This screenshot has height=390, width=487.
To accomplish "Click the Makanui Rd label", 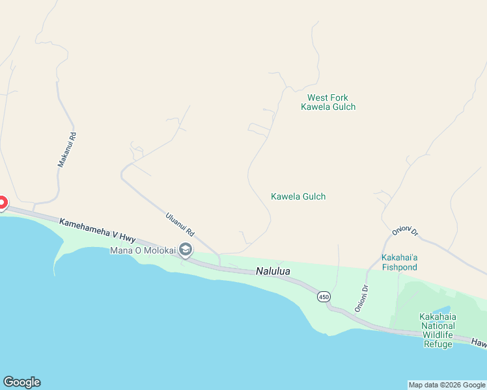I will tap(63, 150).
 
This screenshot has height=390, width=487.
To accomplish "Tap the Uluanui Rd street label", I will tap(180, 224).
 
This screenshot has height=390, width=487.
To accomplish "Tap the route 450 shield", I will tap(324, 297).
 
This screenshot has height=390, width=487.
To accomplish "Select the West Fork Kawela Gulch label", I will tap(328, 102).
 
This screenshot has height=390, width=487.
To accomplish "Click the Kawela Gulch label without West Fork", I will tap(298, 196).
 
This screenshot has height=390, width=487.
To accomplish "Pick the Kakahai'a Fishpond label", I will tap(400, 262).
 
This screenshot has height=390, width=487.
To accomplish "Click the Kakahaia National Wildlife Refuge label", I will tap(438, 330).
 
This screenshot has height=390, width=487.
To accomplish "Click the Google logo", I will tap(21, 382).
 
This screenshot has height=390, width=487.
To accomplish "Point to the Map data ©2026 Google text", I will tap(447, 385).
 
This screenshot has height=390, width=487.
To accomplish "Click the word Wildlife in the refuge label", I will tap(438, 335).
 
